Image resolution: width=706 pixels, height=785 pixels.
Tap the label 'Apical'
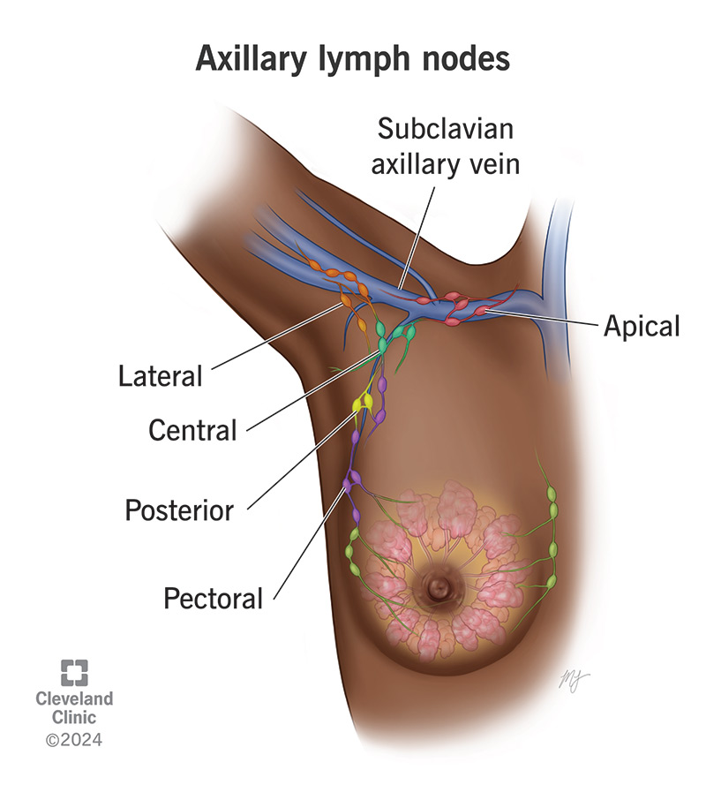coord(642,326)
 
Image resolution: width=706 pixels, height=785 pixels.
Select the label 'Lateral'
coord(161,376)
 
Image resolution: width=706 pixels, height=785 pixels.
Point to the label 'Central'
coord(192,430)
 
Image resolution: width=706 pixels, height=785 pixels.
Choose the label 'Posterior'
coord(179,509)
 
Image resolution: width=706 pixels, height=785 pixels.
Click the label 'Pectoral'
coord(214,598)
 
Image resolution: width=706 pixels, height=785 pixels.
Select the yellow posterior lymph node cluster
coord(364,403)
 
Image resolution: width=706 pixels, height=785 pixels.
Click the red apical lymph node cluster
coord(454,306)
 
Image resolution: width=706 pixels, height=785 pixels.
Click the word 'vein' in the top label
coord(495,165)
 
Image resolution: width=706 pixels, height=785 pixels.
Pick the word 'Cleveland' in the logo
coord(74,698)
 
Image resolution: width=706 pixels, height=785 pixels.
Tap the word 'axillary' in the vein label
coord(414,165)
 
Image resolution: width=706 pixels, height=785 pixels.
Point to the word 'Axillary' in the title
coord(250,59)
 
